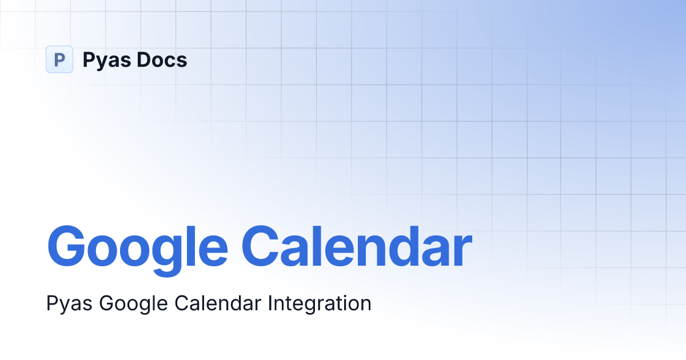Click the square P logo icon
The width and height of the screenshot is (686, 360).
(x=59, y=59)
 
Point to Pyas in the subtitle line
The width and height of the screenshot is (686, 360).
(x=70, y=303)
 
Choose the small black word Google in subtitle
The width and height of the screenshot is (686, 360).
(x=134, y=303)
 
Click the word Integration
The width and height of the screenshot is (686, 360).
(x=320, y=303)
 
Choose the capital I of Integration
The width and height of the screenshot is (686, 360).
(x=270, y=303)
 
